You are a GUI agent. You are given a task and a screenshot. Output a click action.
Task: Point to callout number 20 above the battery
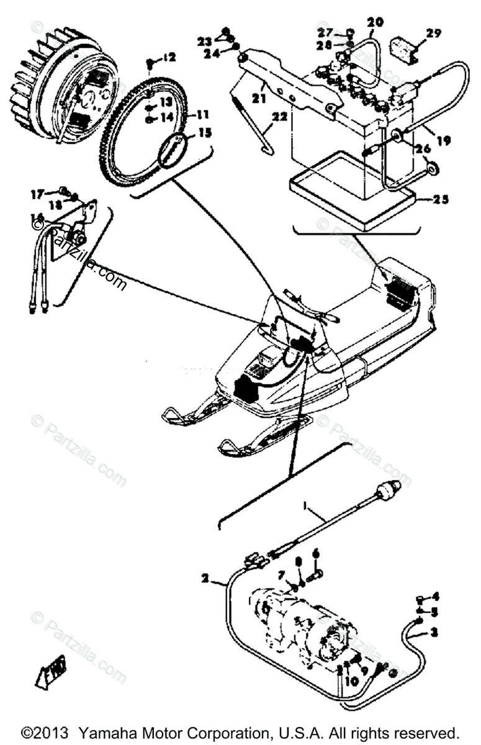[x=375, y=22]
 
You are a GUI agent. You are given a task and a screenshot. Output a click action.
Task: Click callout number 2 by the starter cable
[x=205, y=579]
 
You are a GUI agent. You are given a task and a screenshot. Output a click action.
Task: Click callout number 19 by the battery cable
[x=443, y=141]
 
